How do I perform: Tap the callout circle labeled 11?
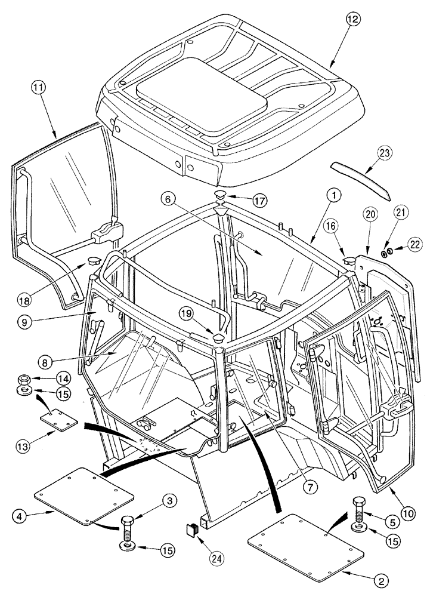39,90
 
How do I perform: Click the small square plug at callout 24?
191,528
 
